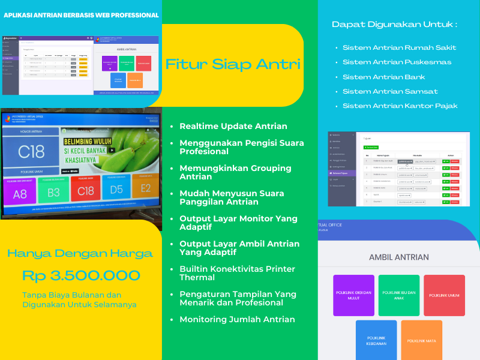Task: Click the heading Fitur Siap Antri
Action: (232, 64)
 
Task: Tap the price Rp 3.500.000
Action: (81, 276)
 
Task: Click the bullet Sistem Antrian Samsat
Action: (390, 91)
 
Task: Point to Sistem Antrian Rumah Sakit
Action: (399, 47)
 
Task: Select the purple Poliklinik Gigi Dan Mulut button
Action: (353, 295)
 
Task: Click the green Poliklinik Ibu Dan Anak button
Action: (399, 295)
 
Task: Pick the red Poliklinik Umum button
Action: (444, 295)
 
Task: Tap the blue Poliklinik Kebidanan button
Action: (376, 340)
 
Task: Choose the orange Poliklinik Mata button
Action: (421, 340)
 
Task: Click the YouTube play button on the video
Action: (112, 151)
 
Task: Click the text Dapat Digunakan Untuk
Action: (394, 25)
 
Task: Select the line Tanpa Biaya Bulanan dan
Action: (72, 295)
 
